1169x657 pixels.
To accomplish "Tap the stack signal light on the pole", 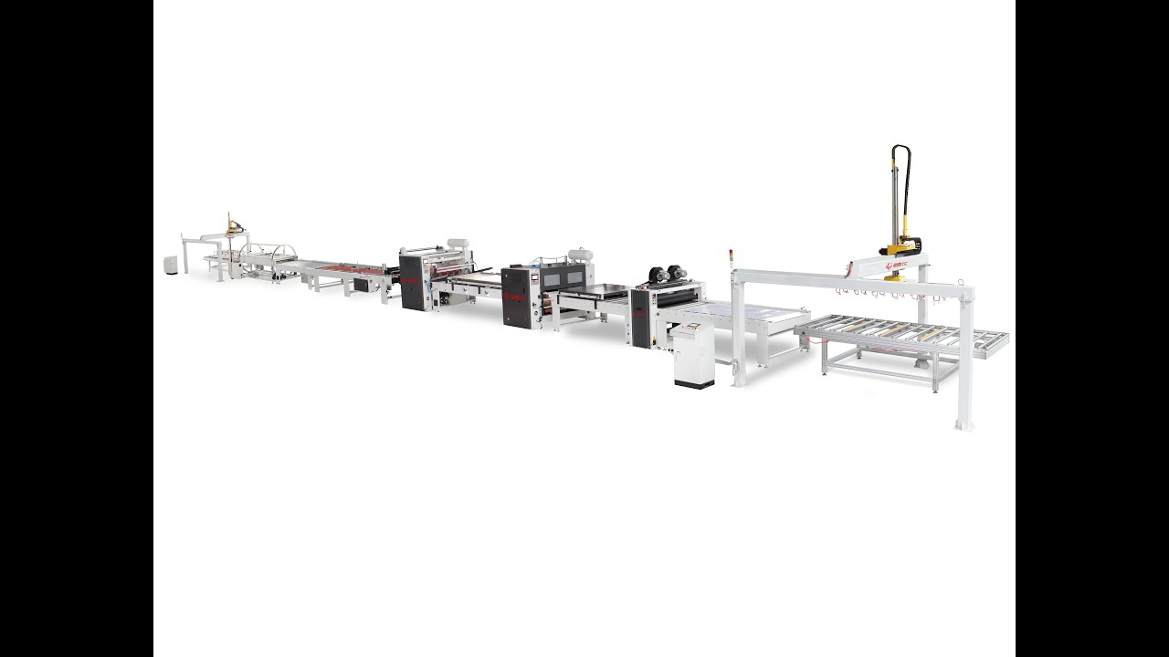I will [731, 256].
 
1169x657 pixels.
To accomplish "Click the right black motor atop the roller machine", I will [678, 272].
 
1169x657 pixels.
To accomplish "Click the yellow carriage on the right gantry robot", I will [900, 246].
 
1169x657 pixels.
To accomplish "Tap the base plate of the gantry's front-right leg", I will [963, 424].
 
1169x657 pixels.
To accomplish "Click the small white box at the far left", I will [171, 265].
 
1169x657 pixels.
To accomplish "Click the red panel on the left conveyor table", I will [353, 268].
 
